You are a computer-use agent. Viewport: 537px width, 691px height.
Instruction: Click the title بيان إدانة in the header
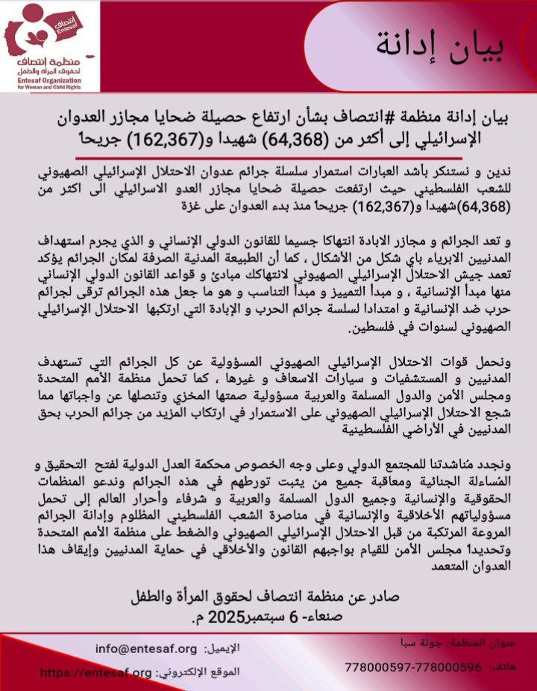pos(440,47)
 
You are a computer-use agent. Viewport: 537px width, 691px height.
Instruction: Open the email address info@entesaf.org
pos(146,648)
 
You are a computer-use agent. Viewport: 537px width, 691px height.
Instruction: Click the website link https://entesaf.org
pos(95,672)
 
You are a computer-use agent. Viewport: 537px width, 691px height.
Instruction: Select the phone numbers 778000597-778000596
pos(413,666)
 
